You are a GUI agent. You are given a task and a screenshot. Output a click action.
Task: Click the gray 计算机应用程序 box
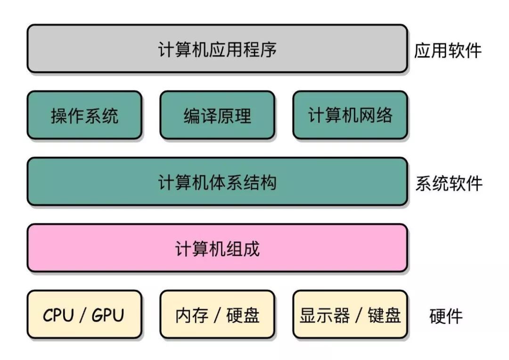click(217, 49)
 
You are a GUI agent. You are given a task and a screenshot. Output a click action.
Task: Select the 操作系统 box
click(84, 115)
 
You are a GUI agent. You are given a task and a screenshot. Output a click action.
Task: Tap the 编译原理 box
click(217, 115)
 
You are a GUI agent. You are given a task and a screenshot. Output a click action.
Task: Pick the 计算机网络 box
click(350, 115)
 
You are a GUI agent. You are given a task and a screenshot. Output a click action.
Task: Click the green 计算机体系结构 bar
click(217, 182)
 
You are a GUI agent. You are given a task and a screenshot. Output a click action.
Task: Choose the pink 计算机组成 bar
click(217, 248)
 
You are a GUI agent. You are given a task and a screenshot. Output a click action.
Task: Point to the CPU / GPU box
click(84, 315)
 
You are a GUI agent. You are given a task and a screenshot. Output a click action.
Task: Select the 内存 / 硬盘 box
click(217, 315)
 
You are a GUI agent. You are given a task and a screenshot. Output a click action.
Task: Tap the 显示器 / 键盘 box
click(350, 315)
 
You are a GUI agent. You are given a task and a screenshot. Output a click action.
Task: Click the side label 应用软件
click(448, 50)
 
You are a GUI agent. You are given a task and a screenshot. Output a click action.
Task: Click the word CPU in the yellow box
click(58, 315)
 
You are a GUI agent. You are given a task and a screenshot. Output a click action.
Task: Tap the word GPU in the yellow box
click(108, 315)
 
